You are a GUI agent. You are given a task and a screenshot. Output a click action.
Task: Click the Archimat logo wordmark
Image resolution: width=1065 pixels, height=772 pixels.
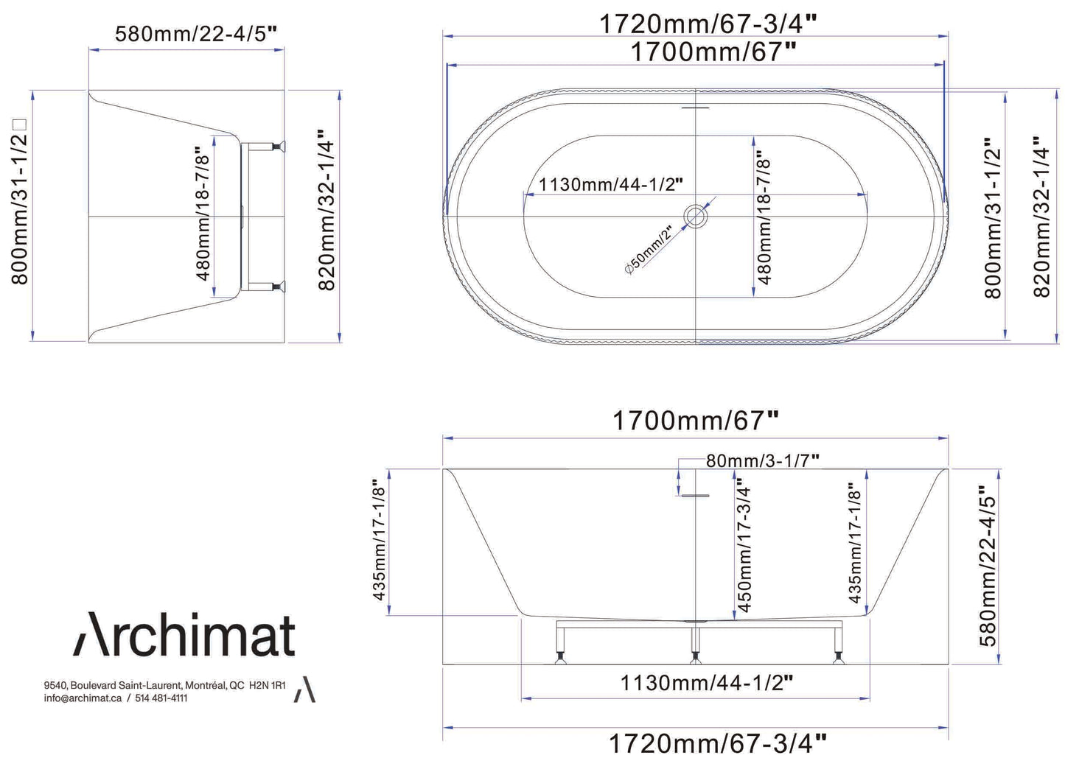pos(184,635)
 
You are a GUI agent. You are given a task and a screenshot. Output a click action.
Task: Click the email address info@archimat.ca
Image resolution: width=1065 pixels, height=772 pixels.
pos(83,698)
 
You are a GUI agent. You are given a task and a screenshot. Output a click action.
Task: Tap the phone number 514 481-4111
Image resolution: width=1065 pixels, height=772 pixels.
pos(161,698)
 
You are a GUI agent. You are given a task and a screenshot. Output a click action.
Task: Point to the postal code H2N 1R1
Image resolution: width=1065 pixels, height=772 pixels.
pos(268,685)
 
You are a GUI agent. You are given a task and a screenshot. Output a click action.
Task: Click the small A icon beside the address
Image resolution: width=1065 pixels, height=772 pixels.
pos(304,690)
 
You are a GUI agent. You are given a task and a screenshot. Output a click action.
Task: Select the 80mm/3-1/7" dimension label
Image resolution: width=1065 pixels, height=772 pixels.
pos(762,460)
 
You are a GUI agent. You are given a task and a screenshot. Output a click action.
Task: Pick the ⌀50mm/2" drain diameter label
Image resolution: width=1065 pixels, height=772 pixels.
pos(649,250)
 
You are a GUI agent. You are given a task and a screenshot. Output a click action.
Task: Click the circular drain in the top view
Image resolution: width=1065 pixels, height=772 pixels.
pos(695,216)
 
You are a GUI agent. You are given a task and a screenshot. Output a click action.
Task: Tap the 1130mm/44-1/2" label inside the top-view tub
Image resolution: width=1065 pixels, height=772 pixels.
pos(610,184)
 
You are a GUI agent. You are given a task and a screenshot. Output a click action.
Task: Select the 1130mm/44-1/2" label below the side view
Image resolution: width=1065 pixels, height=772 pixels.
pos(706,683)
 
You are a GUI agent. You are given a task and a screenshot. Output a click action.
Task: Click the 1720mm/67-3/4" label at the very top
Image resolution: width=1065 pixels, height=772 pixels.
pos(708,24)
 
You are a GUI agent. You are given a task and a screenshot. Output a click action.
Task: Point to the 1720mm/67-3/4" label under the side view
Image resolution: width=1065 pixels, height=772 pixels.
pos(717,743)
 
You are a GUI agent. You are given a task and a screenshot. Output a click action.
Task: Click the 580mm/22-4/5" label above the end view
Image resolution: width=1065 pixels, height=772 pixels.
pos(196,34)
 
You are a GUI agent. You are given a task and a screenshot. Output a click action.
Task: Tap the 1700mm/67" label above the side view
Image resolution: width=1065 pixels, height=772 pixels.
pos(695,421)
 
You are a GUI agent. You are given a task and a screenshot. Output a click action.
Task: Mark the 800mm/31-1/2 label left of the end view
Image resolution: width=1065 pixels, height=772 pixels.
pos(19,203)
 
